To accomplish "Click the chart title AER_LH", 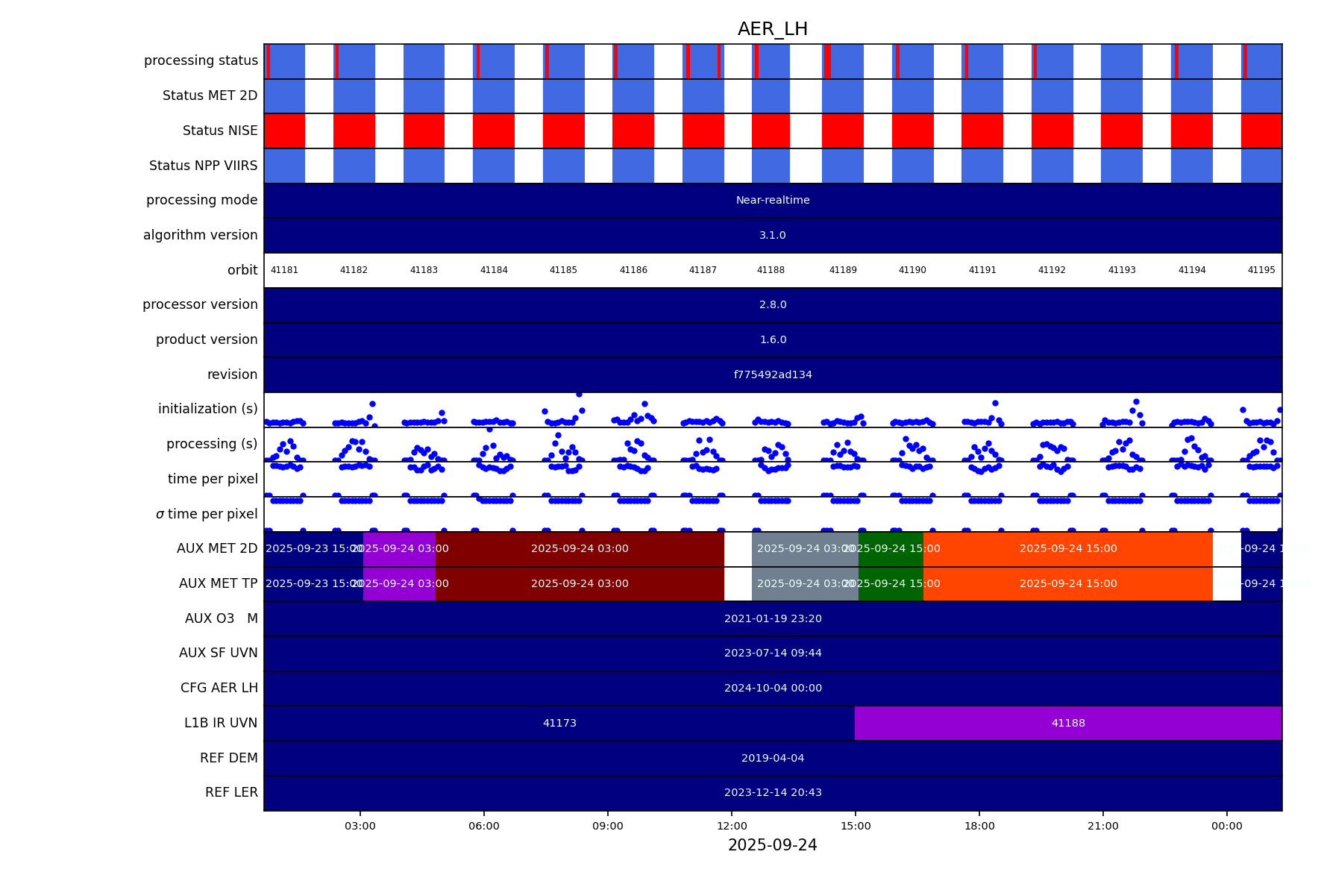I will (x=772, y=29).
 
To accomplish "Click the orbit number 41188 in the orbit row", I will (x=771, y=270).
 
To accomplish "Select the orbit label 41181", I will (x=284, y=270).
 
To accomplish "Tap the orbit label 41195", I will (x=1261, y=270).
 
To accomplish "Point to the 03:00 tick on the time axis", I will (x=360, y=826).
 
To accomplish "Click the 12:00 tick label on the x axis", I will (x=732, y=826).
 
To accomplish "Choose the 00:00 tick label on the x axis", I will (x=1226, y=826).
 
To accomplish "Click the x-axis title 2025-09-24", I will (x=772, y=845).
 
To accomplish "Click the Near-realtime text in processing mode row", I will (x=773, y=200).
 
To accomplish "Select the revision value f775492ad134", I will (x=773, y=374).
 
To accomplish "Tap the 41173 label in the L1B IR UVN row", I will (x=559, y=723).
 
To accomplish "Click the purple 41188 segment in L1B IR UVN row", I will (x=1068, y=723).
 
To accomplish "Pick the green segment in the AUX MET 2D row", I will (x=891, y=549).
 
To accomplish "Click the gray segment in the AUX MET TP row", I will (x=805, y=583).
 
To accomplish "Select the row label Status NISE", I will (x=220, y=131).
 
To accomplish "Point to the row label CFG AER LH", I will (x=219, y=688).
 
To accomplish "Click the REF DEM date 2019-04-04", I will (x=773, y=758).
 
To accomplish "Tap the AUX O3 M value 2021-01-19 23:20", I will (x=773, y=618).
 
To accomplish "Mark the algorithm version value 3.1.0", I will (x=773, y=235).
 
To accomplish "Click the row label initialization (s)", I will (x=207, y=409).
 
